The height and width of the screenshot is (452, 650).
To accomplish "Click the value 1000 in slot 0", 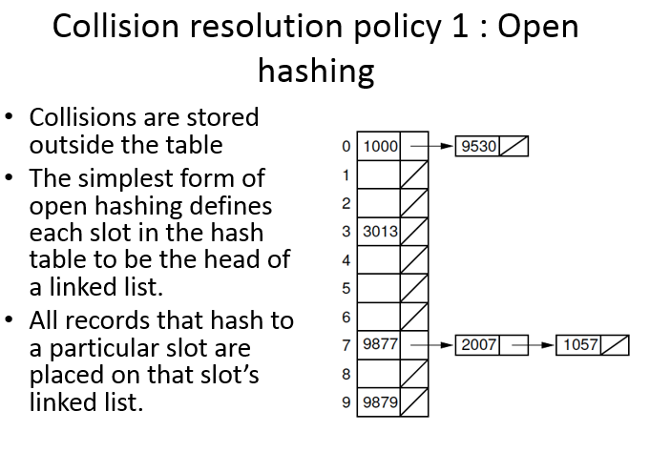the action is click(x=380, y=146).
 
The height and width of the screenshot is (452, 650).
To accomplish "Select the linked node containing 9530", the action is click(x=492, y=146).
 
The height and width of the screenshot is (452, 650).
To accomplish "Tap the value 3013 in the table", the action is click(x=380, y=231).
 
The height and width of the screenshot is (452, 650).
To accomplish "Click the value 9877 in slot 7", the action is click(x=380, y=344).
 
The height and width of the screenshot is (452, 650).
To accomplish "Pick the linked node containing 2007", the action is click(x=492, y=345).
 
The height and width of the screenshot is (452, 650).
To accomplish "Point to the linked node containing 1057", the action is click(x=593, y=345).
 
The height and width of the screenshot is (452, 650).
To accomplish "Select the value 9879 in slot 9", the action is click(x=380, y=401).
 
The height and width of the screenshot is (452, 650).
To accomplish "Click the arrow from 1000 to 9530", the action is click(x=431, y=146).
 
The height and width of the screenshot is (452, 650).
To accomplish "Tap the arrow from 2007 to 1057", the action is click(x=533, y=344).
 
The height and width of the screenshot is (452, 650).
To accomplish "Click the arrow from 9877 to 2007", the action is click(x=431, y=344).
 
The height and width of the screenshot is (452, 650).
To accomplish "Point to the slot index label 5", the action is click(x=346, y=288).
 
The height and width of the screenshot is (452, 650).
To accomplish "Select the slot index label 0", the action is click(x=346, y=146).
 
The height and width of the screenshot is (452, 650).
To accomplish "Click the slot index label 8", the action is click(x=346, y=374).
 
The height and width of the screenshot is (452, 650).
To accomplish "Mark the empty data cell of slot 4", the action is click(x=379, y=259).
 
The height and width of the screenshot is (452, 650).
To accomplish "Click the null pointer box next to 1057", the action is click(x=615, y=345).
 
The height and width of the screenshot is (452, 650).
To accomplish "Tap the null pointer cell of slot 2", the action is click(x=414, y=203).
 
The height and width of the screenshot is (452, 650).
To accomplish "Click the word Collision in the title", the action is click(x=115, y=27).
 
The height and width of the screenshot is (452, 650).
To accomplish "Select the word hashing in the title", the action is click(x=316, y=71).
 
